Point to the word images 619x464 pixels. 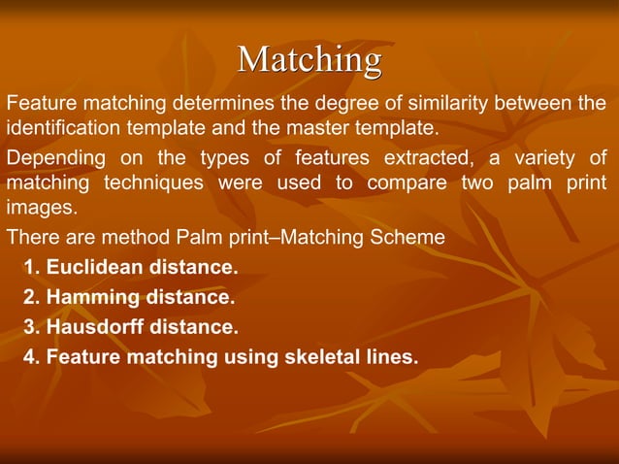coord(39,208)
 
